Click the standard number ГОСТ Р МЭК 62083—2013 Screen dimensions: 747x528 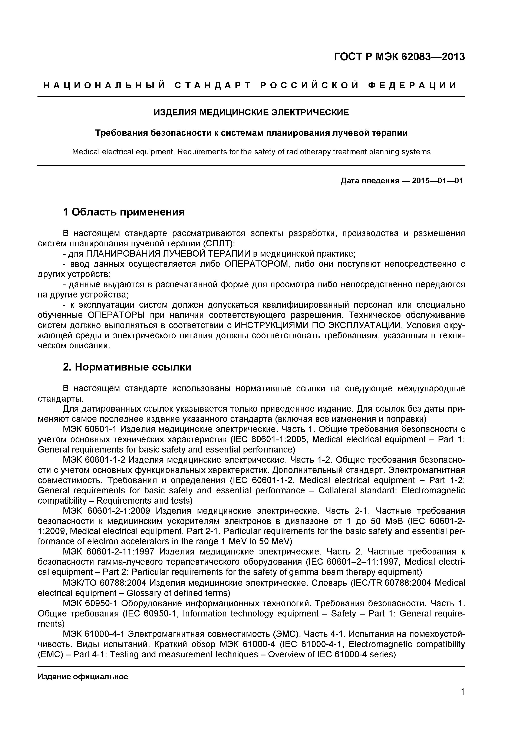point(399,57)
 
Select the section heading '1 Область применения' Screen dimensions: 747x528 point(124,212)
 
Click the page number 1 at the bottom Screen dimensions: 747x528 point(462,701)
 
